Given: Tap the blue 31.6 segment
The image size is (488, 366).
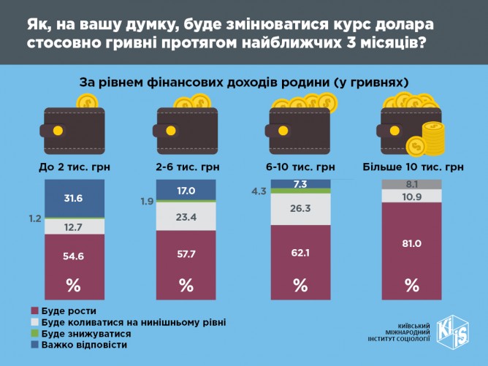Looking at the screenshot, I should coord(74,199).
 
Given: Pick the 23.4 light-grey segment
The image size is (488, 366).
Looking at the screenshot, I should coord(186,217).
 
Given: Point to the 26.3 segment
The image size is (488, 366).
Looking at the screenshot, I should coord(300,210).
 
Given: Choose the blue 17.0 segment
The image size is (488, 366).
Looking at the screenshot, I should coord(186,191).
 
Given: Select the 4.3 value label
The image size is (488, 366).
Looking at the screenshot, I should coord(259,191).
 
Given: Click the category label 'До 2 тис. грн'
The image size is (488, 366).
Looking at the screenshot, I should coord(74,167).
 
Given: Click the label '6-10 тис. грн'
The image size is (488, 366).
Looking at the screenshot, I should coord(300,167).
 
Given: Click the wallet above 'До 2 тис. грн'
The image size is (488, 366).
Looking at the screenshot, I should coord(74,129).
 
